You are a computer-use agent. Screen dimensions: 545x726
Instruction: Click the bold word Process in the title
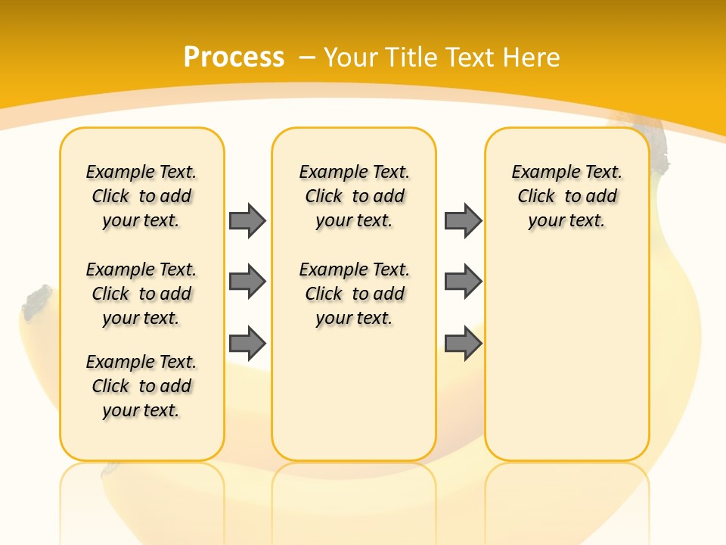coord(234,57)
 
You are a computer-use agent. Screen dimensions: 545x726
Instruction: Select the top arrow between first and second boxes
coord(247,220)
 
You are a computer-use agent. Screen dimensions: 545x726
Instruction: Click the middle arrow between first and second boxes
coord(247,282)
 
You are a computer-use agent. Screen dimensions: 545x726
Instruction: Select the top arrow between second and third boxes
coord(463,220)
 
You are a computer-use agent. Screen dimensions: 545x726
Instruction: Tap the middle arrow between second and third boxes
coord(463,282)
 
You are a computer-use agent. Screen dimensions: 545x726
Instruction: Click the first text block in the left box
coord(141,196)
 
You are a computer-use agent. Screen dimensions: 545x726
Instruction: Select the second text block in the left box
coord(141,294)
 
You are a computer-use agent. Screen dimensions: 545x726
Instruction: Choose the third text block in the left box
coord(141,386)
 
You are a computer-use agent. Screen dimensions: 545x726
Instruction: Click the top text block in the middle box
coord(354,196)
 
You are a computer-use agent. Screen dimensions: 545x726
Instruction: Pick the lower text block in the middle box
coord(354,294)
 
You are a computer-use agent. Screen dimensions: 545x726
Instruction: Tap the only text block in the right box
coord(567,196)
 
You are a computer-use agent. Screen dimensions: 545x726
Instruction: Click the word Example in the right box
coord(538,173)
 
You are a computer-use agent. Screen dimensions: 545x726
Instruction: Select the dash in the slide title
coord(307,57)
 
